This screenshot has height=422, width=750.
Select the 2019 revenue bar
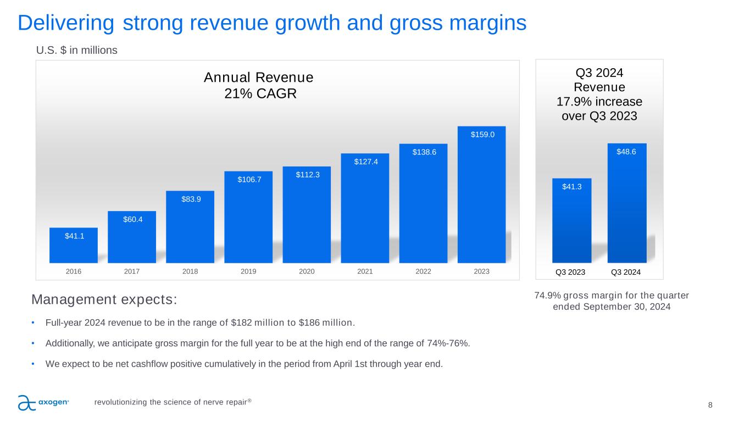click(x=248, y=220)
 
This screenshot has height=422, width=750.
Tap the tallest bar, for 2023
click(x=481, y=198)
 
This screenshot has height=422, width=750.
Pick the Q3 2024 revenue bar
click(x=627, y=206)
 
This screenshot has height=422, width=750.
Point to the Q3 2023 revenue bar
click(x=571, y=223)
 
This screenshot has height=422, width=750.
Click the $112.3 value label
click(x=307, y=175)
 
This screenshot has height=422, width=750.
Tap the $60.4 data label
click(x=132, y=219)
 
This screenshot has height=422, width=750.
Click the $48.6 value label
click(x=627, y=152)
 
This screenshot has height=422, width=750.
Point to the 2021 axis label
click(x=365, y=271)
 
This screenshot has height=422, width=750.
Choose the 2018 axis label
click(x=190, y=271)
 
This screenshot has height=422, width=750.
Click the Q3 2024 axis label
click(x=626, y=272)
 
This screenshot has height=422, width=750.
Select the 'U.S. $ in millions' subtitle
click(x=77, y=51)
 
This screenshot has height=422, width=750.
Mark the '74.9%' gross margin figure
click(x=547, y=296)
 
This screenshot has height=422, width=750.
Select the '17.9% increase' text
click(x=600, y=102)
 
